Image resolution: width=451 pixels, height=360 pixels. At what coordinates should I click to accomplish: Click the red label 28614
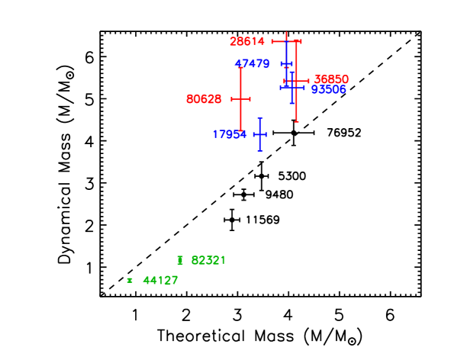[247, 41]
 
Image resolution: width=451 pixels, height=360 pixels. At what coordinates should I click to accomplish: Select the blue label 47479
[252, 64]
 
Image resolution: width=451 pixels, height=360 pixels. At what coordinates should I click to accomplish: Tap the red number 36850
[331, 79]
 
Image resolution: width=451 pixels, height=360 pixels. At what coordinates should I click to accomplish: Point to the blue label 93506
[328, 90]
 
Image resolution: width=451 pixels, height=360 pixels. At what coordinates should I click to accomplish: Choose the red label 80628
[204, 99]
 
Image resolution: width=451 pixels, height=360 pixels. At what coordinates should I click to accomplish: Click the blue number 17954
[230, 134]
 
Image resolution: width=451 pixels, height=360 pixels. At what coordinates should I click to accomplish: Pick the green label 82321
[208, 260]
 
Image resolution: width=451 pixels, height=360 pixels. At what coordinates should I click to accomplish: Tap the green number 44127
[160, 281]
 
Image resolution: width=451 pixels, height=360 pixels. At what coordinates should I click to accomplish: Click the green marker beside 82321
[180, 260]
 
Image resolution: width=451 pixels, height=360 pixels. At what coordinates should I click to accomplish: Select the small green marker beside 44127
[130, 281]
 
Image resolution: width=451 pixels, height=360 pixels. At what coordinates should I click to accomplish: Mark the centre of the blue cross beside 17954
[259, 134]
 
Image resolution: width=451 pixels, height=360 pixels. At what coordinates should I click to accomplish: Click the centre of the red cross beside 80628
[240, 99]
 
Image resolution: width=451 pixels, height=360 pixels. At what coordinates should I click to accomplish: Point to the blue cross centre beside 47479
[286, 64]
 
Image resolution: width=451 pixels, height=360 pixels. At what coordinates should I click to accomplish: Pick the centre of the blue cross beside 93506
[292, 88]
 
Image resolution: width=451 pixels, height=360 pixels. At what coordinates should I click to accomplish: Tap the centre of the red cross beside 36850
[296, 81]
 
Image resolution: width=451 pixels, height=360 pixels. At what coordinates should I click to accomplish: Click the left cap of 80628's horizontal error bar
[232, 99]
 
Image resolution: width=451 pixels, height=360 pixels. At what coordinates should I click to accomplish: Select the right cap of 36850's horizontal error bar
[308, 81]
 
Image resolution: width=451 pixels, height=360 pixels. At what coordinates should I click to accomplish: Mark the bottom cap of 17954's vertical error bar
[259, 150]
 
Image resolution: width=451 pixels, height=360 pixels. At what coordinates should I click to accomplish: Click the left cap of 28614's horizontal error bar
[272, 41]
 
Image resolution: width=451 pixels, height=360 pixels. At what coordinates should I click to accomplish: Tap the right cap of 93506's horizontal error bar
[304, 88]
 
